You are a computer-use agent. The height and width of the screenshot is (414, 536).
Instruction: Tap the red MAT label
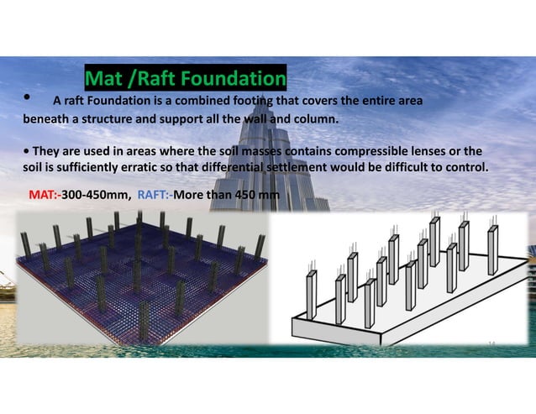click(44, 196)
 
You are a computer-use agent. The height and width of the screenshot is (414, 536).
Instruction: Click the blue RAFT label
click(153, 196)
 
